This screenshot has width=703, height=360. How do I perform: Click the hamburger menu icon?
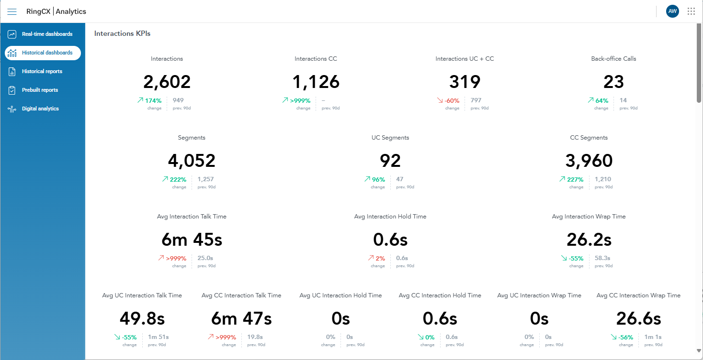pyautogui.click(x=12, y=11)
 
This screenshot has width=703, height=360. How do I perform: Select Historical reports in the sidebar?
pyautogui.click(x=42, y=71)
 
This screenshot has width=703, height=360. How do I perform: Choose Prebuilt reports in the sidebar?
pyautogui.click(x=40, y=90)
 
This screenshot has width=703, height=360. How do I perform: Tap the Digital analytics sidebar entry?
pyautogui.click(x=40, y=109)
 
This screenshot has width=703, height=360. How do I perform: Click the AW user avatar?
pyautogui.click(x=672, y=11)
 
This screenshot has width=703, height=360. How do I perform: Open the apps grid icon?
pyautogui.click(x=691, y=11)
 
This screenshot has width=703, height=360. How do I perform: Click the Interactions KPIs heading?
pyautogui.click(x=122, y=33)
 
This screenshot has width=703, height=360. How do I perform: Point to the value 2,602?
pyautogui.click(x=167, y=82)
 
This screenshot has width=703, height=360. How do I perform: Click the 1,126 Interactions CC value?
pyautogui.click(x=316, y=82)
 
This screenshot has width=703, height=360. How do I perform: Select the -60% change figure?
pyautogui.click(x=452, y=101)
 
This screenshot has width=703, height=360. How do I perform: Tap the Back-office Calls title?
pyautogui.click(x=613, y=59)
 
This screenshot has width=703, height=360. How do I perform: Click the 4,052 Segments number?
pyautogui.click(x=192, y=161)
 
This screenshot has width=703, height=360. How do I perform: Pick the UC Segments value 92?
pyautogui.click(x=390, y=161)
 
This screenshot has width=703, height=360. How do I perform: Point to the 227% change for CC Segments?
pyautogui.click(x=575, y=180)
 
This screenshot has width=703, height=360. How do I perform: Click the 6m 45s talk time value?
pyautogui.click(x=192, y=240)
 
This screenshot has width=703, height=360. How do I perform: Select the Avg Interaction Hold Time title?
pyautogui.click(x=390, y=217)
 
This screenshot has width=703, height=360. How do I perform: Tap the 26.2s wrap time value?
pyautogui.click(x=589, y=240)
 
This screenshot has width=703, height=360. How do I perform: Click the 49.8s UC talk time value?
pyautogui.click(x=142, y=318)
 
